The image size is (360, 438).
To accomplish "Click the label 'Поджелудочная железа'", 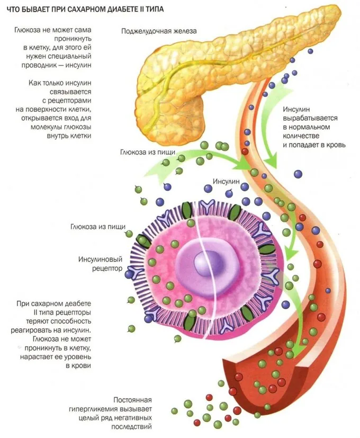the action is coord(159,31).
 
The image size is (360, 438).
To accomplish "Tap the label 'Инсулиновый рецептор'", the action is coord(100,264).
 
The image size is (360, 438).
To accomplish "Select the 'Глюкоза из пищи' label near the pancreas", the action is coord(148,152).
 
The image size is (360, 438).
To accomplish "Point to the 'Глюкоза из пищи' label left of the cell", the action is coord(98,227).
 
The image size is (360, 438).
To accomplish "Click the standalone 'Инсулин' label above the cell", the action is coord(226,181).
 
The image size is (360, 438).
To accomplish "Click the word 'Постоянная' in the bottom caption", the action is coord(133,400).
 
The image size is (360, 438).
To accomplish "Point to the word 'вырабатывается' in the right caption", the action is coord(310,119).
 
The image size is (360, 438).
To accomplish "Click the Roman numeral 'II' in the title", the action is coord(145,10).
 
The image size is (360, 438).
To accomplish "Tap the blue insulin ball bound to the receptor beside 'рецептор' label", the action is coord(129,274).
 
